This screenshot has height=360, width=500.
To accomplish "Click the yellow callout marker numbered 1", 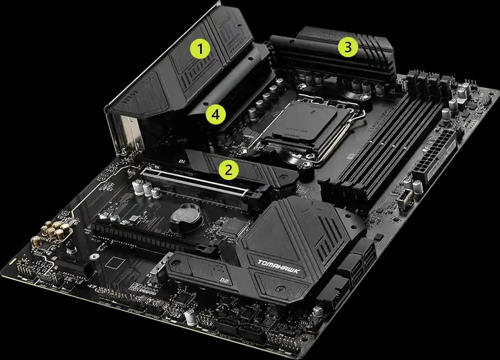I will click(200, 48).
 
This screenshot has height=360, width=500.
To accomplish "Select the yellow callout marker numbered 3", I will click(348, 48).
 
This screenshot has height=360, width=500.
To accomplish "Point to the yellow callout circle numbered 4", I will click(215, 115).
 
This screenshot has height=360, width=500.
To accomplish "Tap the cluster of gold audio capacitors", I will click(54, 231).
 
